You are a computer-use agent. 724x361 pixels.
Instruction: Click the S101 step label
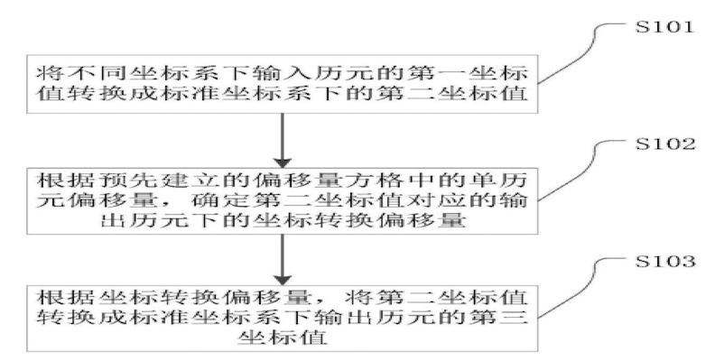pos(665,27)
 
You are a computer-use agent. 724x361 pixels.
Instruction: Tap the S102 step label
pos(665,145)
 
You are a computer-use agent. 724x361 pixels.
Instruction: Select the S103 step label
pos(665,262)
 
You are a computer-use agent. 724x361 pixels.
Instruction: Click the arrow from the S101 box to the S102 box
pos(283,140)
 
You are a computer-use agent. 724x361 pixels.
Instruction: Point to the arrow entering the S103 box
pos(283,259)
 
